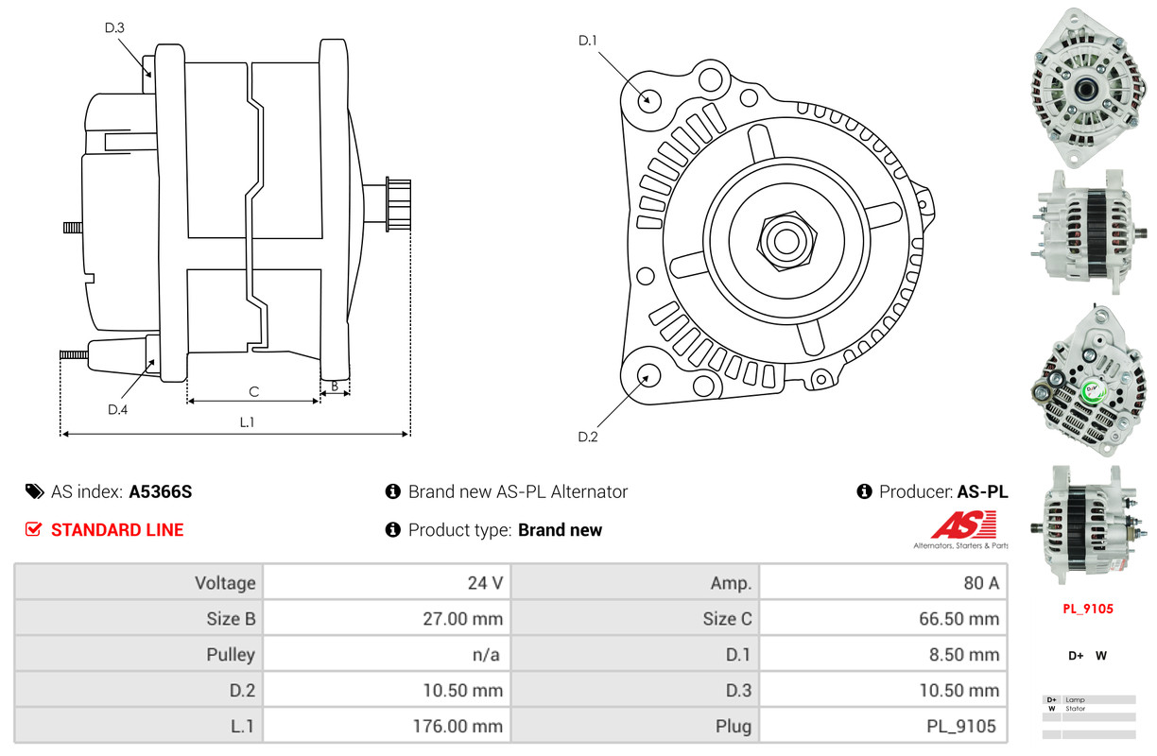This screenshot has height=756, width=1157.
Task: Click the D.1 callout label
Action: click(588, 41)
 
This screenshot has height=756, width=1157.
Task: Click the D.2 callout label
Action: click(588, 437)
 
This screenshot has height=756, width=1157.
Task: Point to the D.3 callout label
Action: click(114, 27)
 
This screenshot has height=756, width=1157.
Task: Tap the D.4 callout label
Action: click(117, 409)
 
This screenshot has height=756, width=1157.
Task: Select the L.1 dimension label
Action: click(246, 422)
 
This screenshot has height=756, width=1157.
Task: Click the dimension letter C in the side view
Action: click(253, 391)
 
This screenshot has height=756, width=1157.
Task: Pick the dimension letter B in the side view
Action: click(335, 386)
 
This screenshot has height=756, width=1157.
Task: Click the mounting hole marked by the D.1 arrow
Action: click(648, 98)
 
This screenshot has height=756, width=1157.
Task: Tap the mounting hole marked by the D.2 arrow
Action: click(648, 374)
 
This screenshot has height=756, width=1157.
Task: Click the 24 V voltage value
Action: click(485, 582)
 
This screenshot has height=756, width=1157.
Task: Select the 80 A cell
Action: click(980, 582)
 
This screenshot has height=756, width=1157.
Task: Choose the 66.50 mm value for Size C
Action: click(958, 619)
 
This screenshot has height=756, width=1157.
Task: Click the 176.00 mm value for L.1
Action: click(462, 727)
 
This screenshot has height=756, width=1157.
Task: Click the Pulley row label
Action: click(231, 654)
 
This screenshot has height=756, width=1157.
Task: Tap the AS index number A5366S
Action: click(161, 491)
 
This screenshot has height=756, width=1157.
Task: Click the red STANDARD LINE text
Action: click(117, 530)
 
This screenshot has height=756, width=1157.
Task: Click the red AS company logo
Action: click(963, 524)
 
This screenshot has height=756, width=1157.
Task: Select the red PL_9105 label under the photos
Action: click(1087, 609)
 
